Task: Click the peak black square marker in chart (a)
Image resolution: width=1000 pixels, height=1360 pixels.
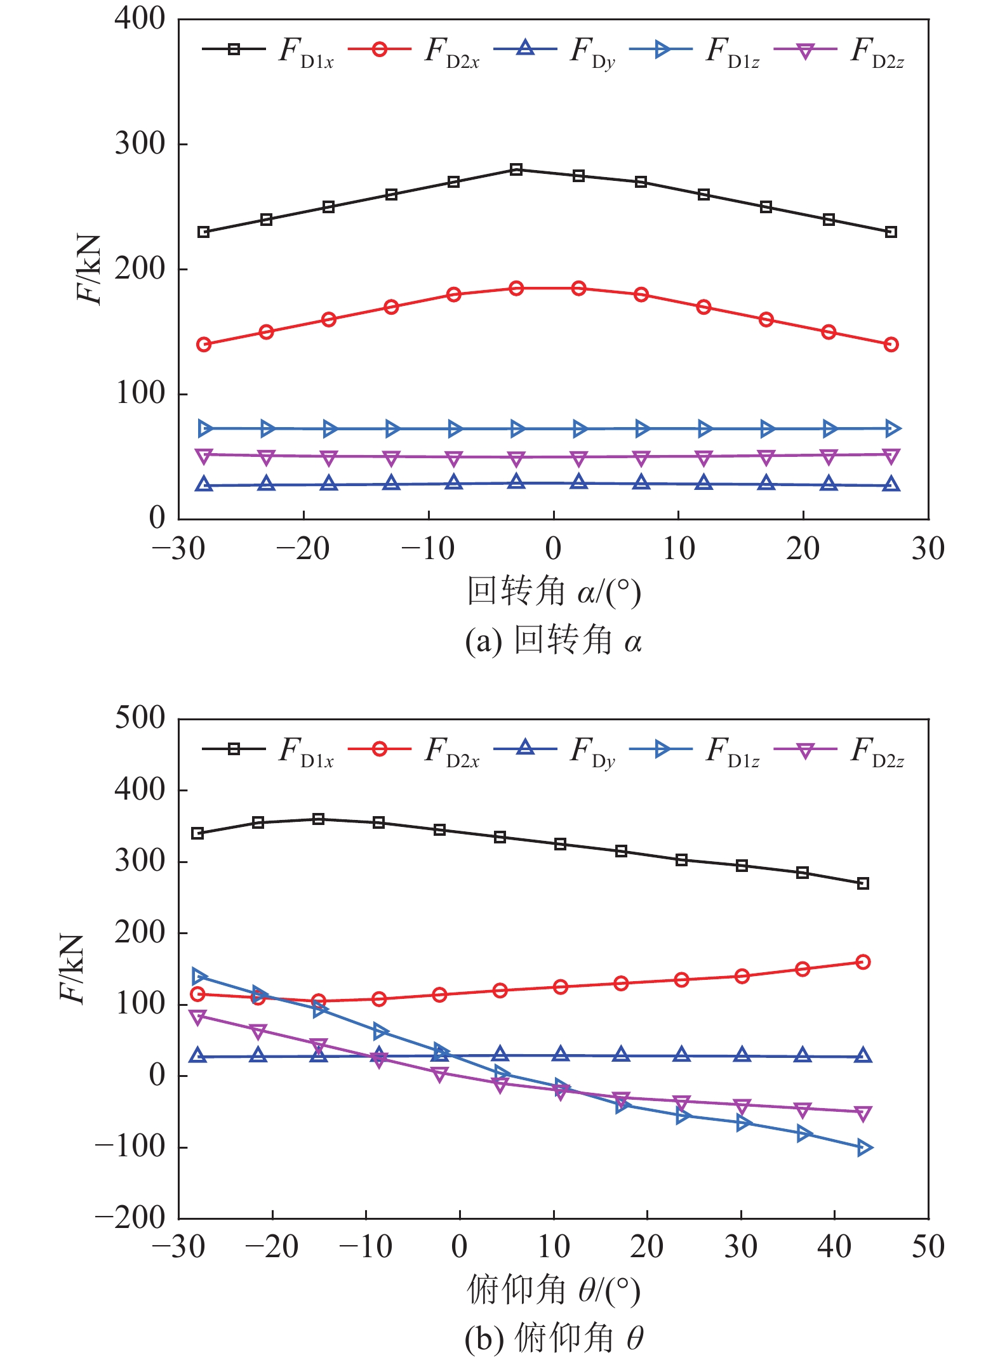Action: (x=516, y=169)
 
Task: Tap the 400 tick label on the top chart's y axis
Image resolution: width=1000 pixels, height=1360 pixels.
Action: (x=140, y=19)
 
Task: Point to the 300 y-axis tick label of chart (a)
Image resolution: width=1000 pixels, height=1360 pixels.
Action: (x=140, y=144)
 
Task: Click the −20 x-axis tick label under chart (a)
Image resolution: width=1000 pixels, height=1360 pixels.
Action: (x=303, y=549)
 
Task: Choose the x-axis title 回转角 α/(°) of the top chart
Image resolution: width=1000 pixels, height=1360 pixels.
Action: (x=554, y=591)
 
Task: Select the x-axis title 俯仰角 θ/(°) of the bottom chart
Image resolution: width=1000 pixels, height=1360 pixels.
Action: (x=554, y=1291)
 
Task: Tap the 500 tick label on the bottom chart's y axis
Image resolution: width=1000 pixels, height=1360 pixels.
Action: (x=140, y=719)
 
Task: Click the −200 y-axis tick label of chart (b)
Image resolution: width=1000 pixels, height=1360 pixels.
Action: (x=130, y=1218)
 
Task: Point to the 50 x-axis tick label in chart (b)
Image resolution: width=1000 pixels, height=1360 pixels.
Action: (x=928, y=1247)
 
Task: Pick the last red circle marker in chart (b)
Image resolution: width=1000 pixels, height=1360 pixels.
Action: (x=863, y=962)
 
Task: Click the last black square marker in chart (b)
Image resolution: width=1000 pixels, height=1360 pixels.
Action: (x=863, y=883)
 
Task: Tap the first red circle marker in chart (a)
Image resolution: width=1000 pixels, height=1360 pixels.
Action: (x=204, y=345)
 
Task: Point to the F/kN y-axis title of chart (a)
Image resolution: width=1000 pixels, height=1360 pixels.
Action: (x=89, y=270)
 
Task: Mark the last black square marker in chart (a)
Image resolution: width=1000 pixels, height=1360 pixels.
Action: (x=891, y=232)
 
